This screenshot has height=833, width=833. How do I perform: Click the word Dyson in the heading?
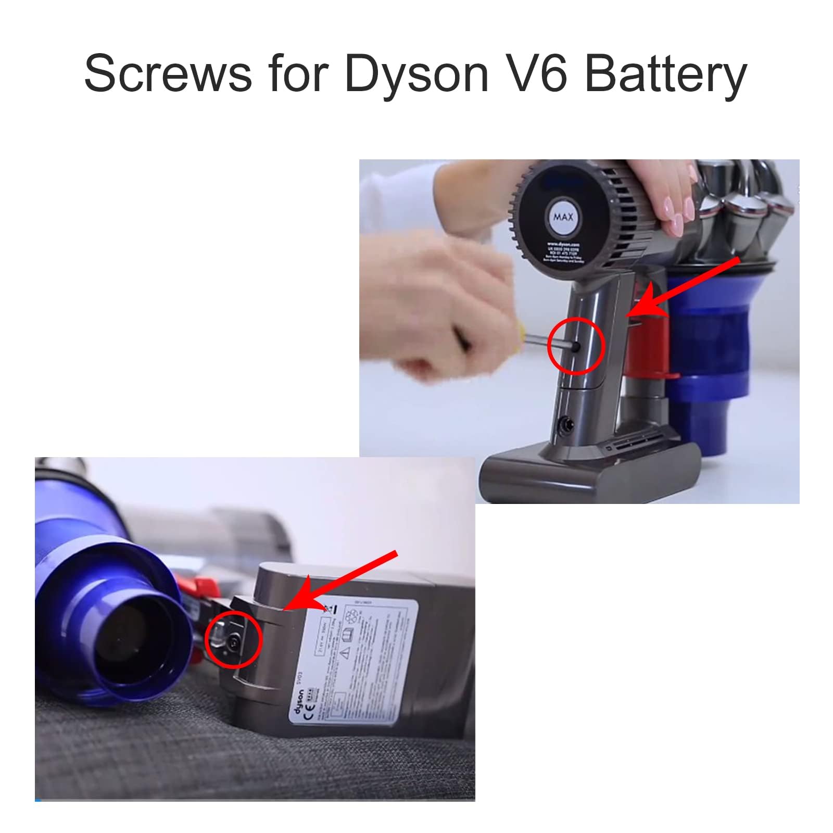(x=416, y=74)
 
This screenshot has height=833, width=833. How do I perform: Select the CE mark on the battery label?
(x=306, y=715)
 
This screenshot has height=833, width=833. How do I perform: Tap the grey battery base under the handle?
(x=588, y=476)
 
